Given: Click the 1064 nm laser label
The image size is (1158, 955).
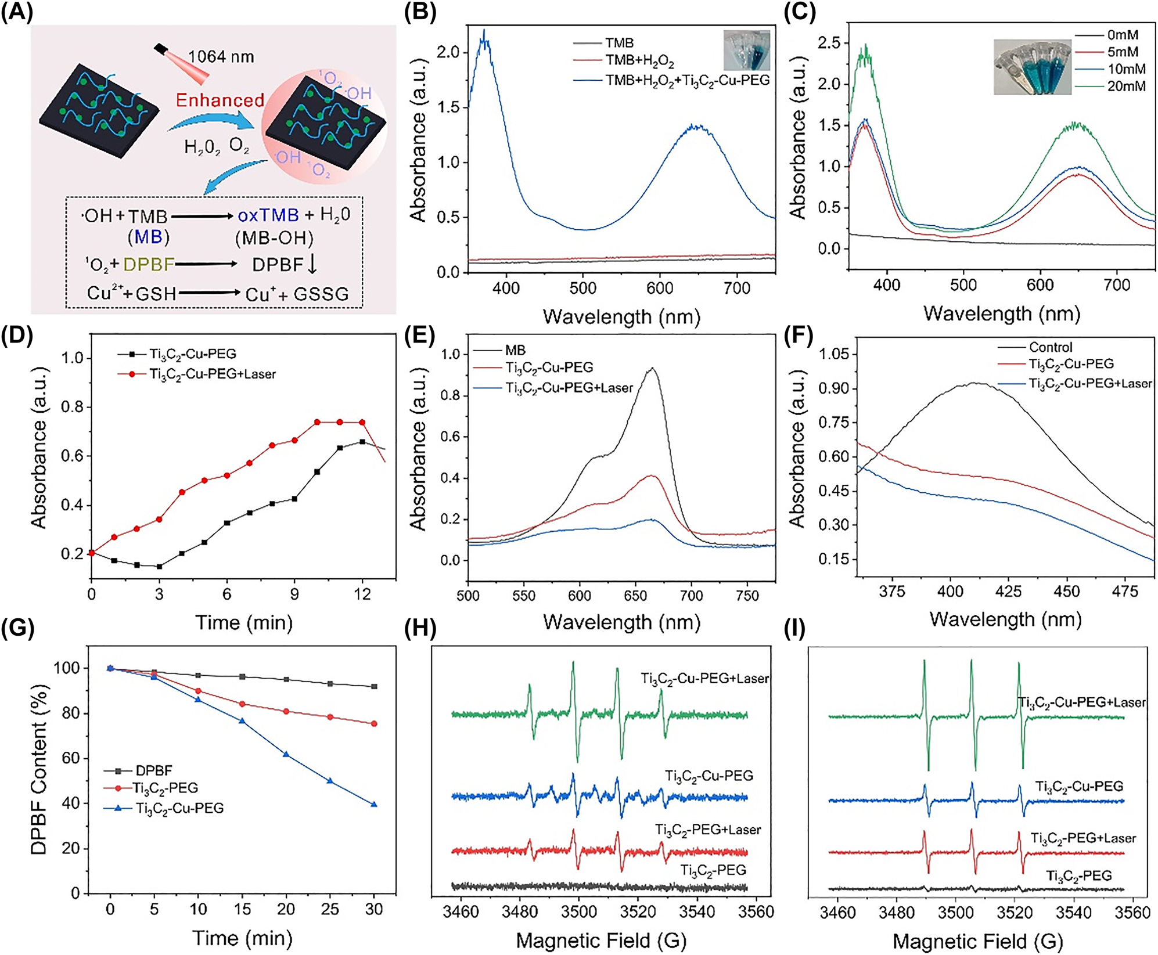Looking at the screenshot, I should tap(221, 57).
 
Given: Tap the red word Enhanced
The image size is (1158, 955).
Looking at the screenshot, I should tap(220, 100).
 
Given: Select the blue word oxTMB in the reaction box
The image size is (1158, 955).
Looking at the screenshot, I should tap(268, 215).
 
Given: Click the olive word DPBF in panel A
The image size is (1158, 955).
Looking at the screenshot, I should tap(149, 265).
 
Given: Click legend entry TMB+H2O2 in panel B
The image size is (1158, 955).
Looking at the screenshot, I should tap(639, 61).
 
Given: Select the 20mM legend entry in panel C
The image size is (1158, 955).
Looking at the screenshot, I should tap(1126, 86).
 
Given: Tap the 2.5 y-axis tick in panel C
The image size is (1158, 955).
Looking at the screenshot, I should tap(829, 43).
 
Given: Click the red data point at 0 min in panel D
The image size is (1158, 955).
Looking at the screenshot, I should tap(91, 553).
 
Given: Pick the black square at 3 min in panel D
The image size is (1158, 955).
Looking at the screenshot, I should tap(159, 566).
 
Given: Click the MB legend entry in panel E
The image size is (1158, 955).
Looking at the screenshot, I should tap(515, 350).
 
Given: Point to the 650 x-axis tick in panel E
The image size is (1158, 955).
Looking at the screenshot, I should tap(635, 596).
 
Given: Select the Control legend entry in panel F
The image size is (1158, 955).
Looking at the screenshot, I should tap(1050, 347).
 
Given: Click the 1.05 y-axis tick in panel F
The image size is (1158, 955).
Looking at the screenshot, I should tap(833, 354).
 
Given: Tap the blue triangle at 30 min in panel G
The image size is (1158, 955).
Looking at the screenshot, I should tap(374, 805).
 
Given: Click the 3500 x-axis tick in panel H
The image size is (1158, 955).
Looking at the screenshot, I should tap(578, 911).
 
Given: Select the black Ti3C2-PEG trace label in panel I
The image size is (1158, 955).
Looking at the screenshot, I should tap(1078, 876).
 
